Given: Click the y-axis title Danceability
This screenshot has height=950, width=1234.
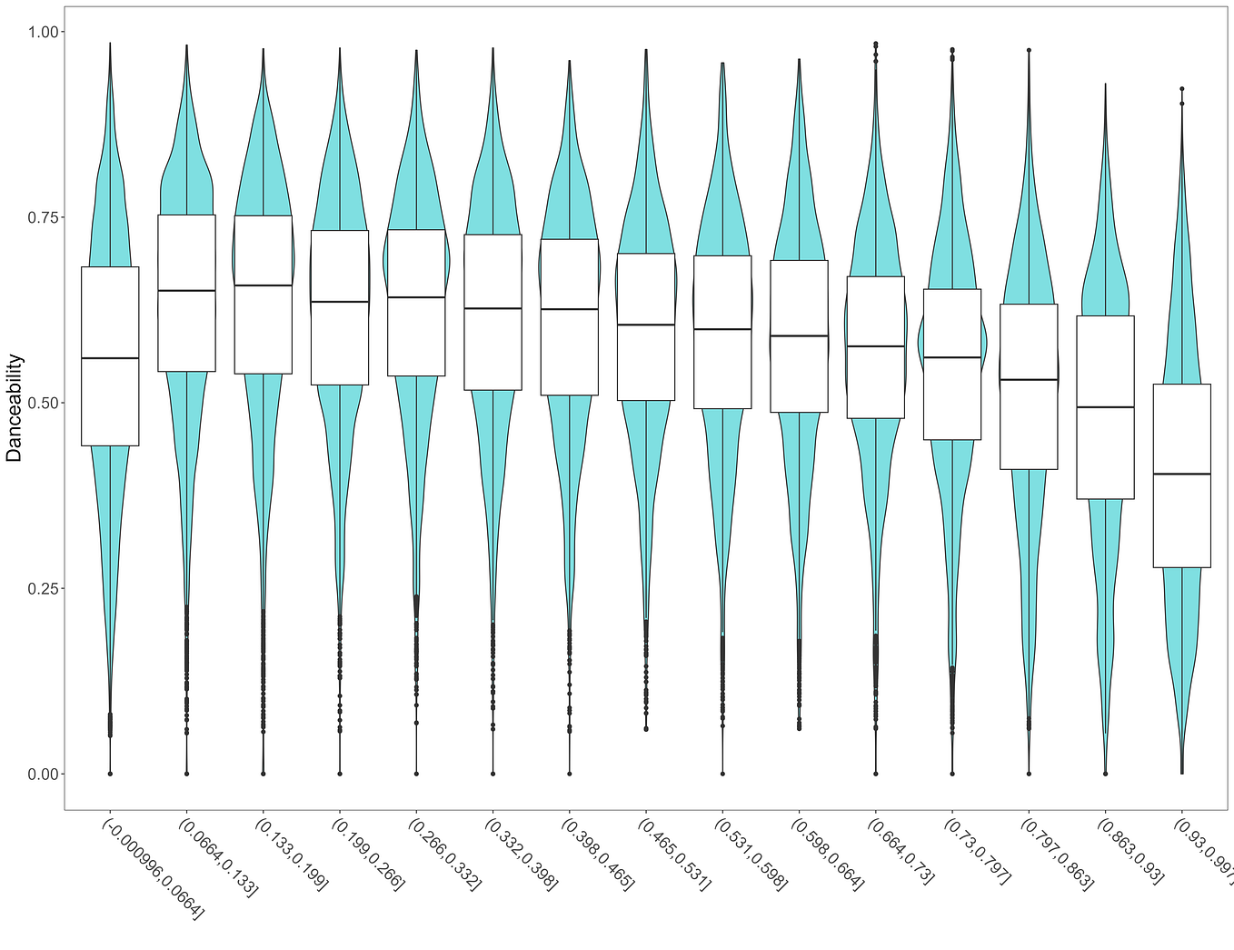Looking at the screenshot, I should [x=15, y=408].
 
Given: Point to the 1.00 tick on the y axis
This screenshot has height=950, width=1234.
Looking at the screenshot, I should [x=42, y=32].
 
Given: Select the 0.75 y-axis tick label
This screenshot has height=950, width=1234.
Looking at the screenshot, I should [x=42, y=217].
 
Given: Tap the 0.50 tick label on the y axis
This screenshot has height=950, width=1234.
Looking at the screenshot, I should [x=42, y=403].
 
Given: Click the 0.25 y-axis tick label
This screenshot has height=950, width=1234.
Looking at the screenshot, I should [x=42, y=588].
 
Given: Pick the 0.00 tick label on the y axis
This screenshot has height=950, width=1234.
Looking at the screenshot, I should [x=42, y=774].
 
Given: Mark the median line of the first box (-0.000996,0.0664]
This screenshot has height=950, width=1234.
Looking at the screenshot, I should [x=110, y=358].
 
